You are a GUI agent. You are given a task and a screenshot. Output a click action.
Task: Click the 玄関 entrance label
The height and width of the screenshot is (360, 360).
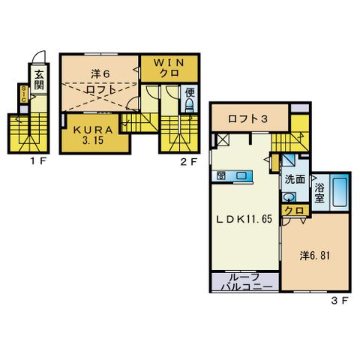[x=39, y=80]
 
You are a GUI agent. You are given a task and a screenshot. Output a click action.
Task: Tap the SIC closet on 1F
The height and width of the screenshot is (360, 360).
[x=24, y=94]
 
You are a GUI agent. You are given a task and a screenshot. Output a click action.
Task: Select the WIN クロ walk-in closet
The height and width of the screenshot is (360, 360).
[x=169, y=68]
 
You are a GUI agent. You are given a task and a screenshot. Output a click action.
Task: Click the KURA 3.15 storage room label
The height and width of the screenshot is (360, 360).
[x=93, y=135]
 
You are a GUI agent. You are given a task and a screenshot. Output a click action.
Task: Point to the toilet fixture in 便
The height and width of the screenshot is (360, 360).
[x=190, y=105]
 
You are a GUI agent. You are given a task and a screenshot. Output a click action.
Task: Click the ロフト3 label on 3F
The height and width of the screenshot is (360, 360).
[x=247, y=118]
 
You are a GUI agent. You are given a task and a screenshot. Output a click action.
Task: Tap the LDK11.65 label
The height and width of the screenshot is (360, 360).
[x=244, y=219]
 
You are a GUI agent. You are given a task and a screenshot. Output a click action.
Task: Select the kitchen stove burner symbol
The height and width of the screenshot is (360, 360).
[x=221, y=175]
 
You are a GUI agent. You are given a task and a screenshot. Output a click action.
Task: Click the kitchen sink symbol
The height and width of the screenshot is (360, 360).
[x=241, y=175]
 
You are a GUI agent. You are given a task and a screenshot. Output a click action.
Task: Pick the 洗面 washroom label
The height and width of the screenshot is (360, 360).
[x=295, y=179]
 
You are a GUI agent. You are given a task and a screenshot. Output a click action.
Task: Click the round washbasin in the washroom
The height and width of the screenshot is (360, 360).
[x=289, y=197]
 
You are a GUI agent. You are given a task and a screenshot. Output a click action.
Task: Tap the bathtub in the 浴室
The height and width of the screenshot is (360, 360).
[x=339, y=191]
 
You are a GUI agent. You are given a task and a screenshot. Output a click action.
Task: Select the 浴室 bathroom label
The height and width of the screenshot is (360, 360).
[x=319, y=193]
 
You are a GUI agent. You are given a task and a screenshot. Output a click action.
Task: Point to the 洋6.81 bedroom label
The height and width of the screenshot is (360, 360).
[x=315, y=256]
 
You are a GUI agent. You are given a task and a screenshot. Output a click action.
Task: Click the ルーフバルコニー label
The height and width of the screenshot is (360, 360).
[x=247, y=282]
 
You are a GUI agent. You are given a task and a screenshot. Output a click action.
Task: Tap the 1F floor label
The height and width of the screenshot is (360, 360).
[x=38, y=161]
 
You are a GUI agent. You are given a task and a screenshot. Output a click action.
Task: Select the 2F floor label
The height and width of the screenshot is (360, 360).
[x=189, y=162]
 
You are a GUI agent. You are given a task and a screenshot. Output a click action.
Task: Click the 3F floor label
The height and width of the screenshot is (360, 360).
[x=340, y=301]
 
